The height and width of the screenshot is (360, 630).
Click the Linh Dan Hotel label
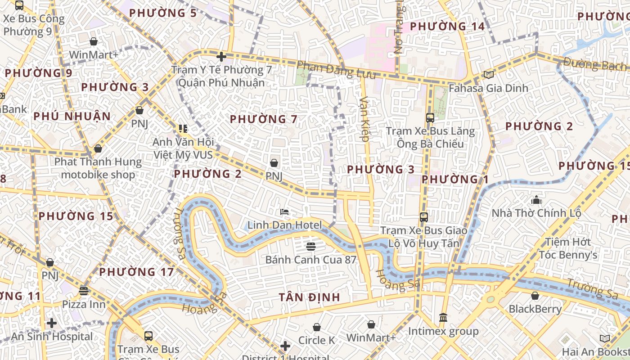click(x=285, y=225)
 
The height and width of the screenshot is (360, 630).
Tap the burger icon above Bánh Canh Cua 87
click(x=310, y=246)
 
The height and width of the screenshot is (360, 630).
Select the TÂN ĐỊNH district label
click(x=309, y=297)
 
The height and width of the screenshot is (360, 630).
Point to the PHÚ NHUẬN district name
click(x=72, y=116)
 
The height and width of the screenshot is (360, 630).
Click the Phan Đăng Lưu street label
click(x=336, y=70)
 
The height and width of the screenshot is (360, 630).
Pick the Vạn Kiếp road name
click(x=364, y=119)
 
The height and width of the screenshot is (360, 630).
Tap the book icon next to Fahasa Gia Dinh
click(x=488, y=75)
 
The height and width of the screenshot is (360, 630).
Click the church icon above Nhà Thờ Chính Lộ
click(x=536, y=199)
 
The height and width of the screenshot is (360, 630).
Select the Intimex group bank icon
click(x=443, y=318)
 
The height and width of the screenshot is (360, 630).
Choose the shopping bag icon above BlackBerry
click(x=535, y=296)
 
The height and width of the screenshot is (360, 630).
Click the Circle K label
click(x=317, y=340)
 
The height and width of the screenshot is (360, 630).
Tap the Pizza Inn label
click(x=84, y=304)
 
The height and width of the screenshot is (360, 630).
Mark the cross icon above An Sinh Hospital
click(x=52, y=323)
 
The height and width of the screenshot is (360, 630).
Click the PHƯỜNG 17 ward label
click(x=136, y=272)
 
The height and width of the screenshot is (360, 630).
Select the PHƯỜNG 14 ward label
click(x=447, y=26)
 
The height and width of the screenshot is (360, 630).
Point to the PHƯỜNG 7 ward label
click(x=264, y=119)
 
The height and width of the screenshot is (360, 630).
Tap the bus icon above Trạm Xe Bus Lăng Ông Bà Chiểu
click(x=430, y=118)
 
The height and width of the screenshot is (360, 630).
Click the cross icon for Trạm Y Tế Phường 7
click(x=221, y=57)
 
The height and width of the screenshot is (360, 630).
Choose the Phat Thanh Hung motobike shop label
click(x=98, y=168)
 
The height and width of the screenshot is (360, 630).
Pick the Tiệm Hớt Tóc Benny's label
click(x=568, y=248)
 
